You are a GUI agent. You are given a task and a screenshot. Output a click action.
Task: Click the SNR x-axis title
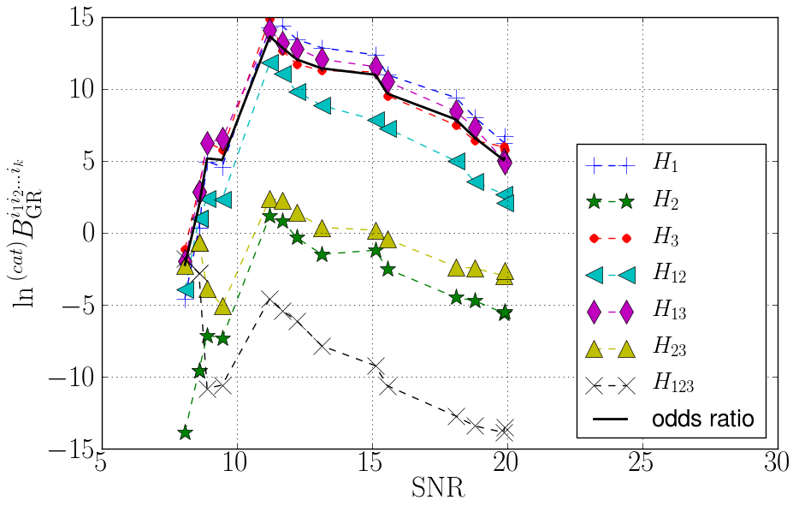tap(437, 491)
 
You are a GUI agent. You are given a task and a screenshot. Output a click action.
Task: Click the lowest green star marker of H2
tap(185, 433)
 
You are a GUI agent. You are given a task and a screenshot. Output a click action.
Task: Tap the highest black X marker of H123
tap(270, 298)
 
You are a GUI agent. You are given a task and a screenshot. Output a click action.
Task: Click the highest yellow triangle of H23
tap(270, 200)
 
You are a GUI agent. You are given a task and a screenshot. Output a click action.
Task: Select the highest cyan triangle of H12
tap(270, 63)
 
